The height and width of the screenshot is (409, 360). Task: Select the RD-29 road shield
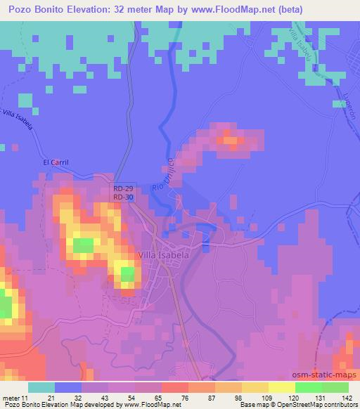124,189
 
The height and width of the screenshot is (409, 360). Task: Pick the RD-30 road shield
124,197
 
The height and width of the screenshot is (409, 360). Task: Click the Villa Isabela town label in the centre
164,255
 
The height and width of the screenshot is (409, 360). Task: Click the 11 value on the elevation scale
25,398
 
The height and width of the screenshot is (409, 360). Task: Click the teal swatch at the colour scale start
41,387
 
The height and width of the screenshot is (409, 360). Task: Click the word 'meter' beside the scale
11,398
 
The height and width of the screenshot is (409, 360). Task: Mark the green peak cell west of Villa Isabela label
83,245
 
